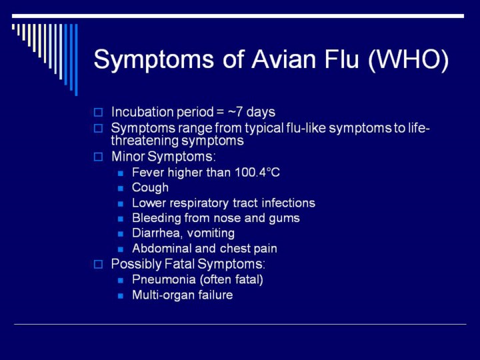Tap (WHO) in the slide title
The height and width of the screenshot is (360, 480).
click(409, 59)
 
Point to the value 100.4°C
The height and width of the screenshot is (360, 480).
click(257, 173)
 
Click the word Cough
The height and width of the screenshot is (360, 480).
click(150, 187)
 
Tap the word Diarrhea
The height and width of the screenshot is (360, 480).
click(157, 233)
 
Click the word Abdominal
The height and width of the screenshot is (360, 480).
click(161, 248)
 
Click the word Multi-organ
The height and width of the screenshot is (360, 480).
click(163, 295)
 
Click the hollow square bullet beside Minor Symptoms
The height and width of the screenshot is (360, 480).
click(98, 157)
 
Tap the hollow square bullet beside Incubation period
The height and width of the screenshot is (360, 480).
click(98, 113)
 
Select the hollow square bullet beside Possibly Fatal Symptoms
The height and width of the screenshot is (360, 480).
click(98, 264)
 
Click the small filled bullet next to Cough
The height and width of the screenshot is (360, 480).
click(121, 188)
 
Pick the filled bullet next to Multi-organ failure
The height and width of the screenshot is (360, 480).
click(121, 296)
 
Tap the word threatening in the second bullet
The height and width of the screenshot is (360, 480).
click(145, 141)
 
